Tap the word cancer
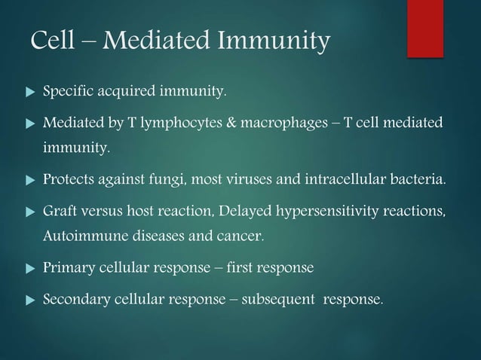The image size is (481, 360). click(x=240, y=239)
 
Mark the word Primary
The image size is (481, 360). click(x=66, y=269)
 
